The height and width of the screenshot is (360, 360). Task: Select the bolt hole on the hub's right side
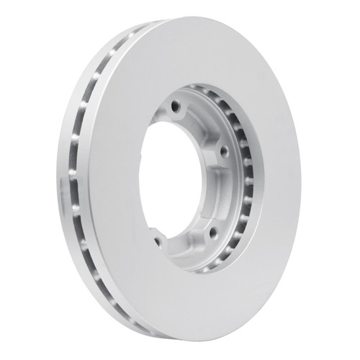[223, 152]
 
